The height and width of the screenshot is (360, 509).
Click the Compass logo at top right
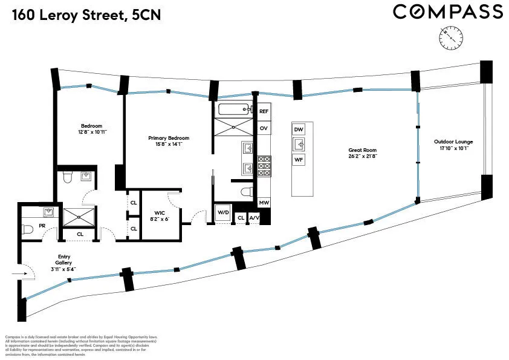pyautogui.click(x=447, y=11)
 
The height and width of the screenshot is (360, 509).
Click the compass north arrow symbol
pyautogui.click(x=450, y=39)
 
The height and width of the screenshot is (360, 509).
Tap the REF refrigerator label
pyautogui.click(x=264, y=112)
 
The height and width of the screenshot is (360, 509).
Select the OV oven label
pyautogui.click(x=264, y=129)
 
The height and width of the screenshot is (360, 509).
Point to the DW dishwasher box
pyautogui.click(x=299, y=129)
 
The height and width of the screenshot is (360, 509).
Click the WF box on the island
pyautogui.click(x=299, y=160)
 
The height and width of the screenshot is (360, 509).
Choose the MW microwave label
pyautogui.click(x=264, y=203)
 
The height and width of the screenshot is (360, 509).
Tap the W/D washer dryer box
pyautogui.click(x=222, y=212)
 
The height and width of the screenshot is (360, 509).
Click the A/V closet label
pyautogui.click(x=254, y=218)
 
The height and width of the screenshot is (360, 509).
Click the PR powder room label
pyautogui.click(x=42, y=225)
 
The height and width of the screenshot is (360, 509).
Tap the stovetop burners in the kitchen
pyautogui.click(x=264, y=166)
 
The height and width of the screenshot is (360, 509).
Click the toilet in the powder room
pyautogui.click(x=27, y=230)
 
